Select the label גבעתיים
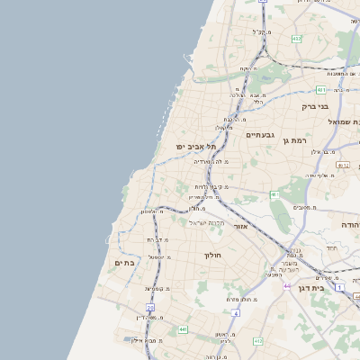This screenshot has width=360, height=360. click(258, 135)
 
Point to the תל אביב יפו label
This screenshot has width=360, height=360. click(197, 147)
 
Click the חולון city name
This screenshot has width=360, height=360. click(213, 255)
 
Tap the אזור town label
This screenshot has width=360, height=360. click(240, 226)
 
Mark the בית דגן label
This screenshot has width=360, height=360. click(310, 288)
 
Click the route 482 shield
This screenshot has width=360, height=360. click(297, 39)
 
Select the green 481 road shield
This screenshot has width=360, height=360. click(321, 90)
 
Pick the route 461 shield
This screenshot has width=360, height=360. click(274, 194)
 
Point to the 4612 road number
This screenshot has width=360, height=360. click(342, 165)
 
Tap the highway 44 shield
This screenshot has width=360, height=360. click(288, 285)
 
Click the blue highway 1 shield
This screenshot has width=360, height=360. click(339, 286)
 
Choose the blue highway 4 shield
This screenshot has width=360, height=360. click(237, 313)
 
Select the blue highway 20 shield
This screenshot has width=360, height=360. click(150, 308)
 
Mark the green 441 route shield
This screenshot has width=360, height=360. click(183, 329)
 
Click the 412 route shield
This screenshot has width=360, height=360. click(258, 341)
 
